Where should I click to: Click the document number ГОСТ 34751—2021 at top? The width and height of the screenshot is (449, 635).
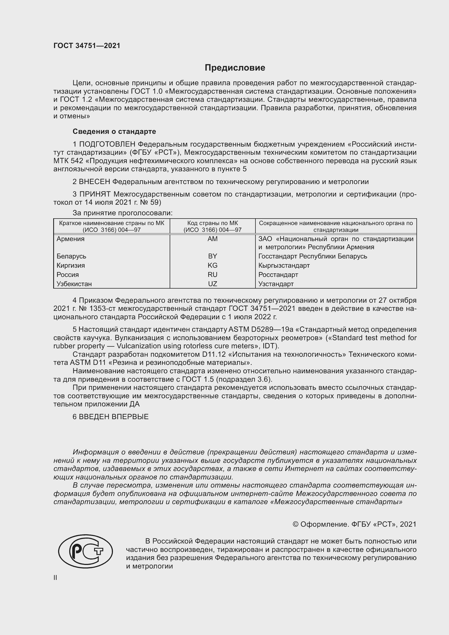click(x=87, y=46)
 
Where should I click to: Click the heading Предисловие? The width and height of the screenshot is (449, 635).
click(x=235, y=68)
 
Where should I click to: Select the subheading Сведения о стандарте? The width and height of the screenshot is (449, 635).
click(x=114, y=132)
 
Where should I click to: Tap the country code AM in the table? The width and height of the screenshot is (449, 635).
click(x=212, y=239)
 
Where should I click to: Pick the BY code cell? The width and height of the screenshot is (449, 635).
click(x=212, y=256)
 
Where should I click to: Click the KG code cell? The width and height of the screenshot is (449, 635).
click(x=212, y=266)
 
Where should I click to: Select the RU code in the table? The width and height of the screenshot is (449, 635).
click(x=212, y=275)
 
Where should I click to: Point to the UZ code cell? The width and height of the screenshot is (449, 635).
click(x=212, y=284)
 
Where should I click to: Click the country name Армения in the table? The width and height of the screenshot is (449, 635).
click(x=71, y=239)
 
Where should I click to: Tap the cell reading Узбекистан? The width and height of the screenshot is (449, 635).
click(x=74, y=284)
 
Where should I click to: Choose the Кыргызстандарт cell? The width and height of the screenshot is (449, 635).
click(x=284, y=266)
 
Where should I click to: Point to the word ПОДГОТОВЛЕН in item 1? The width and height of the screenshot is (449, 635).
click(x=107, y=144)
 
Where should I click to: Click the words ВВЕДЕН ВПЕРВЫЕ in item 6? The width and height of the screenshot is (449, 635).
click(x=114, y=417)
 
